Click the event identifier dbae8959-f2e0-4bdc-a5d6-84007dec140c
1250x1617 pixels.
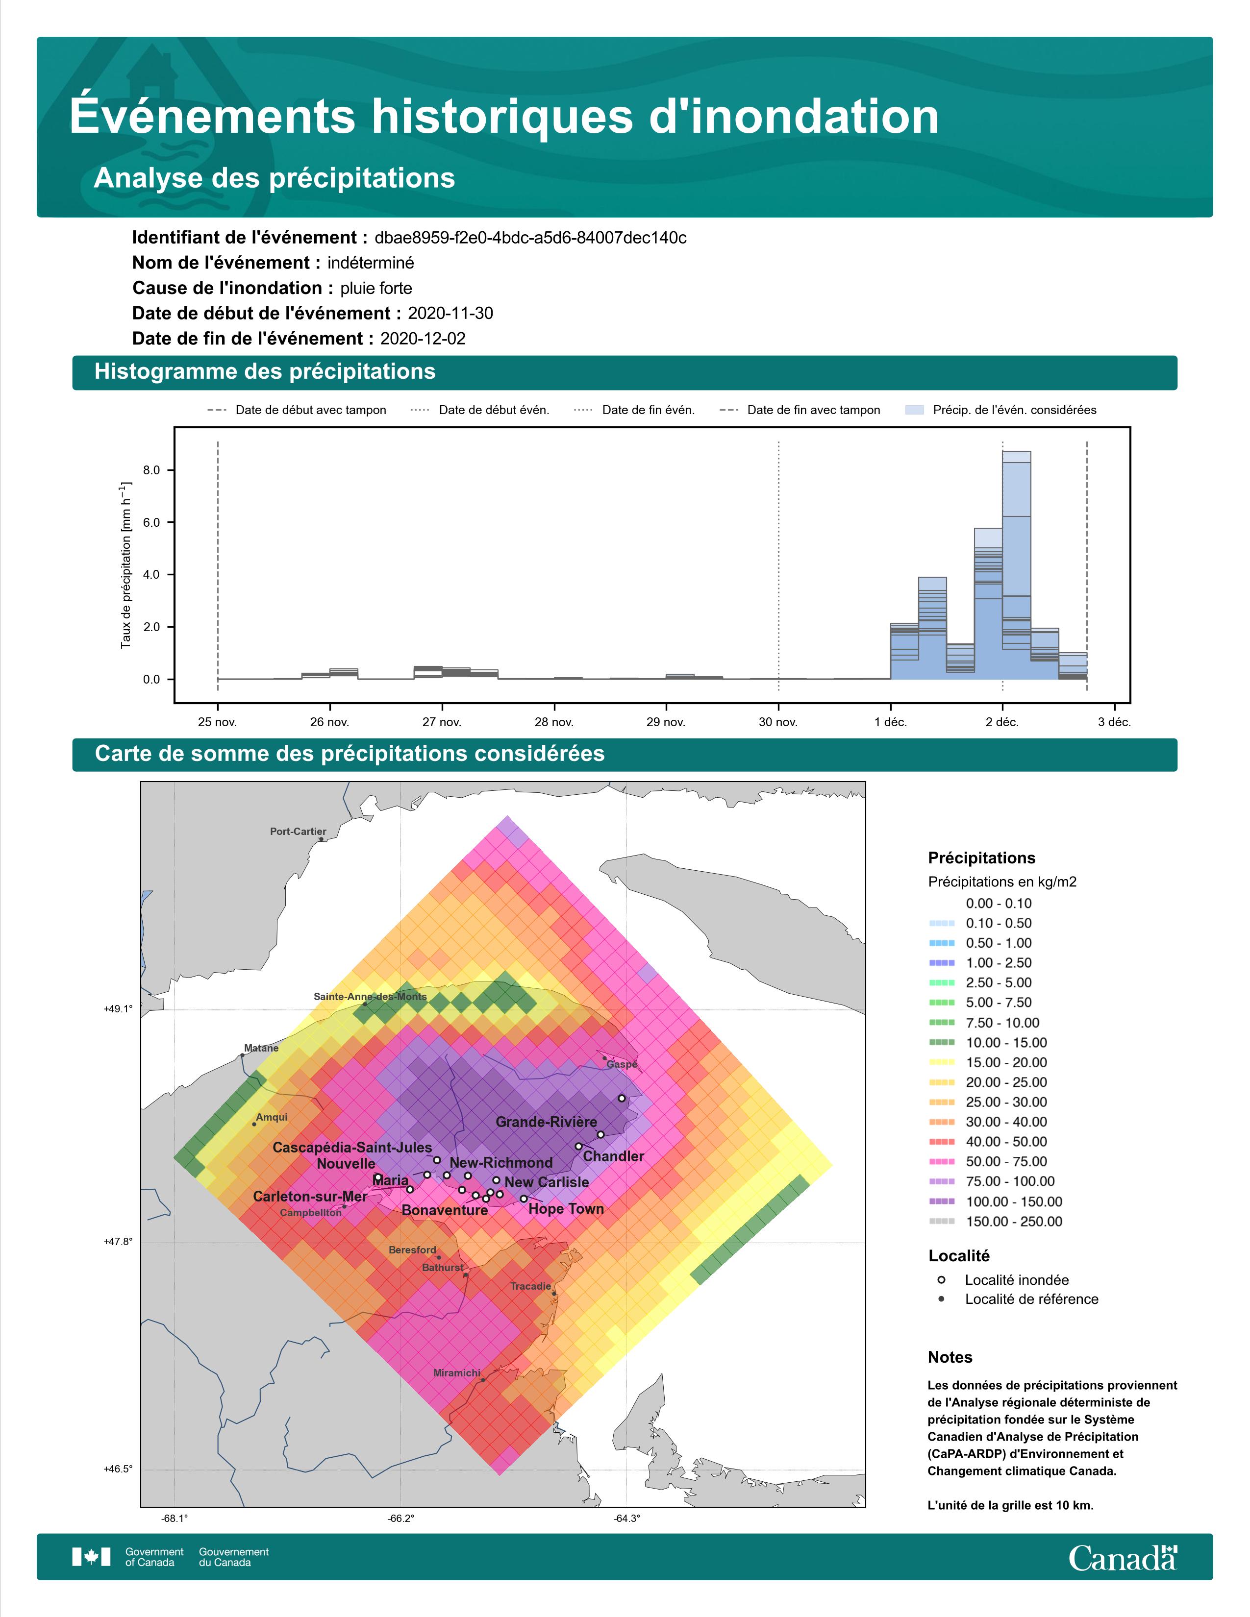pyautogui.click(x=530, y=238)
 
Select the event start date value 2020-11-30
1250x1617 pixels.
pyautogui.click(x=450, y=313)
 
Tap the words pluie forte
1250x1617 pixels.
pyautogui.click(x=376, y=288)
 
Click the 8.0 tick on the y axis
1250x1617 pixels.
pyautogui.click(x=151, y=470)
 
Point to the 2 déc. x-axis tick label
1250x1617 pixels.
pyautogui.click(x=1002, y=722)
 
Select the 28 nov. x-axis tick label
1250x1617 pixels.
pyautogui.click(x=554, y=722)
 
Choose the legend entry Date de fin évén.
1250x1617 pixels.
pyautogui.click(x=648, y=410)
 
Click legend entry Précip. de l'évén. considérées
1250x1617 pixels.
pyautogui.click(x=1015, y=410)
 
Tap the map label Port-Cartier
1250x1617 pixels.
pyautogui.click(x=298, y=832)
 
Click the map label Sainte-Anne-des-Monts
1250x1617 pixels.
pyautogui.click(x=370, y=997)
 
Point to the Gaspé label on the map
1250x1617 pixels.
pyautogui.click(x=621, y=1065)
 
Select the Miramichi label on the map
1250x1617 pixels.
pyautogui.click(x=457, y=1372)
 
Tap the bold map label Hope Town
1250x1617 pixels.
pyautogui.click(x=567, y=1209)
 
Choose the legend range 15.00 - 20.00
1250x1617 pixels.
pyautogui.click(x=1006, y=1062)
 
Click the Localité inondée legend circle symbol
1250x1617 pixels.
pyautogui.click(x=941, y=1279)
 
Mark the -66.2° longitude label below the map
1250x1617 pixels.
pyautogui.click(x=400, y=1519)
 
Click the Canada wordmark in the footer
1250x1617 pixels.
pyautogui.click(x=1123, y=1558)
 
